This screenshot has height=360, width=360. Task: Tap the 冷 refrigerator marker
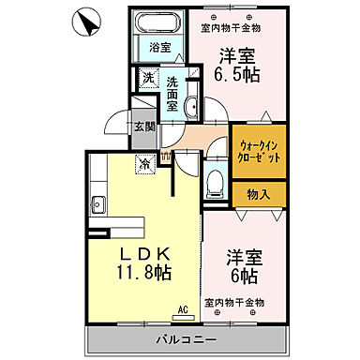[145, 162]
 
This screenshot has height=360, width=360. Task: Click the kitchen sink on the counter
[97, 203]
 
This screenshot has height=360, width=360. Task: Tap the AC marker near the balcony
[182, 307]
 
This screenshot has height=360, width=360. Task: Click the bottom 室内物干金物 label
[234, 303]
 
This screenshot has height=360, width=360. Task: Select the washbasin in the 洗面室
[189, 106]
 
